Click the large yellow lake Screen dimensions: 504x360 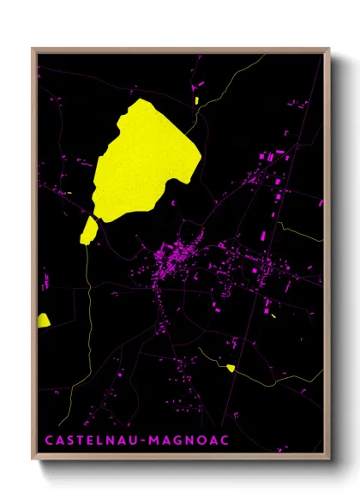[146, 159]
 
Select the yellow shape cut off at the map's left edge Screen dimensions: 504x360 [43, 321]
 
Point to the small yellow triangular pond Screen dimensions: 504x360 [230, 368]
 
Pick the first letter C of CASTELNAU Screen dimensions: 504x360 [48, 440]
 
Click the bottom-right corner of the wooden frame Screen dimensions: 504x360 [328, 454]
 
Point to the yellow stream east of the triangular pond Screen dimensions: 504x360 [274, 376]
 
